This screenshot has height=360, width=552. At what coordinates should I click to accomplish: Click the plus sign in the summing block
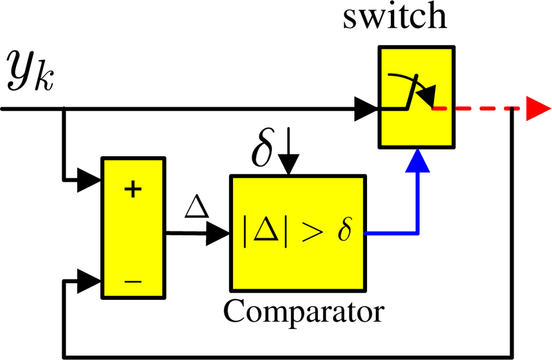pyautogui.click(x=132, y=190)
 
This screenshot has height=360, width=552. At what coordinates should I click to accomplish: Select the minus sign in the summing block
pyautogui.click(x=132, y=281)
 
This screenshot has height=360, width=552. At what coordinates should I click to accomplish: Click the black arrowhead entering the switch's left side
pyautogui.click(x=367, y=109)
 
